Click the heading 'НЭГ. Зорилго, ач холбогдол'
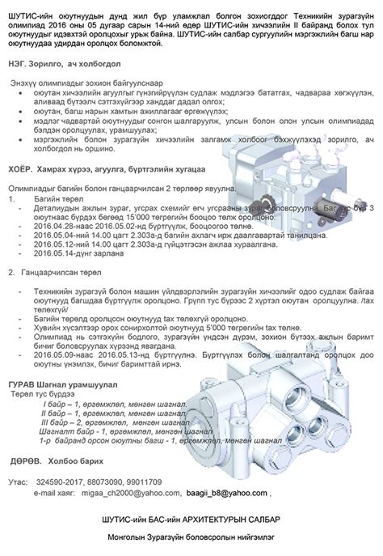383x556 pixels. coord(60,63)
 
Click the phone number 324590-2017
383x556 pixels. coord(61,482)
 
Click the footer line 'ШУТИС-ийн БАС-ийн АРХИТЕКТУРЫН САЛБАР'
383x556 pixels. coord(191,518)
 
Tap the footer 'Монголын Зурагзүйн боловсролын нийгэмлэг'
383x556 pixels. coord(191,537)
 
